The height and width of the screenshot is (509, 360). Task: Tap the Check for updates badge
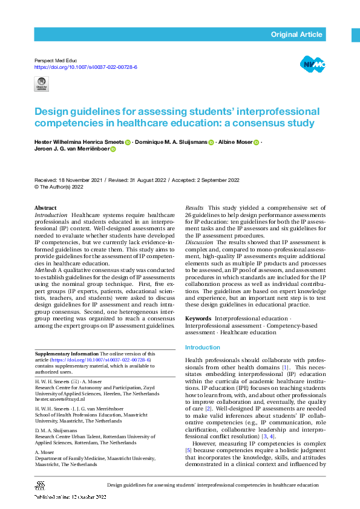tap(42, 84)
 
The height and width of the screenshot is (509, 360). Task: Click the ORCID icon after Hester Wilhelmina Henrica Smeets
tap(128, 143)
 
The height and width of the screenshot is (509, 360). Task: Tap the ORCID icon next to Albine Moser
tap(257, 143)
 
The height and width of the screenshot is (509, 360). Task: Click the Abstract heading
tap(46, 208)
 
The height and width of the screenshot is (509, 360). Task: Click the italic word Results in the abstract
tap(194, 208)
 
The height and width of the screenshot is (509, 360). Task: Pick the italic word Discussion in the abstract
tap(199, 242)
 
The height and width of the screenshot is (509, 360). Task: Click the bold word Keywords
tap(198, 318)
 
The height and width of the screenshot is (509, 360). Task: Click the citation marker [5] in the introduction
tap(188, 450)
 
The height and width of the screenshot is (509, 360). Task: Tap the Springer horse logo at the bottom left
tap(41, 485)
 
